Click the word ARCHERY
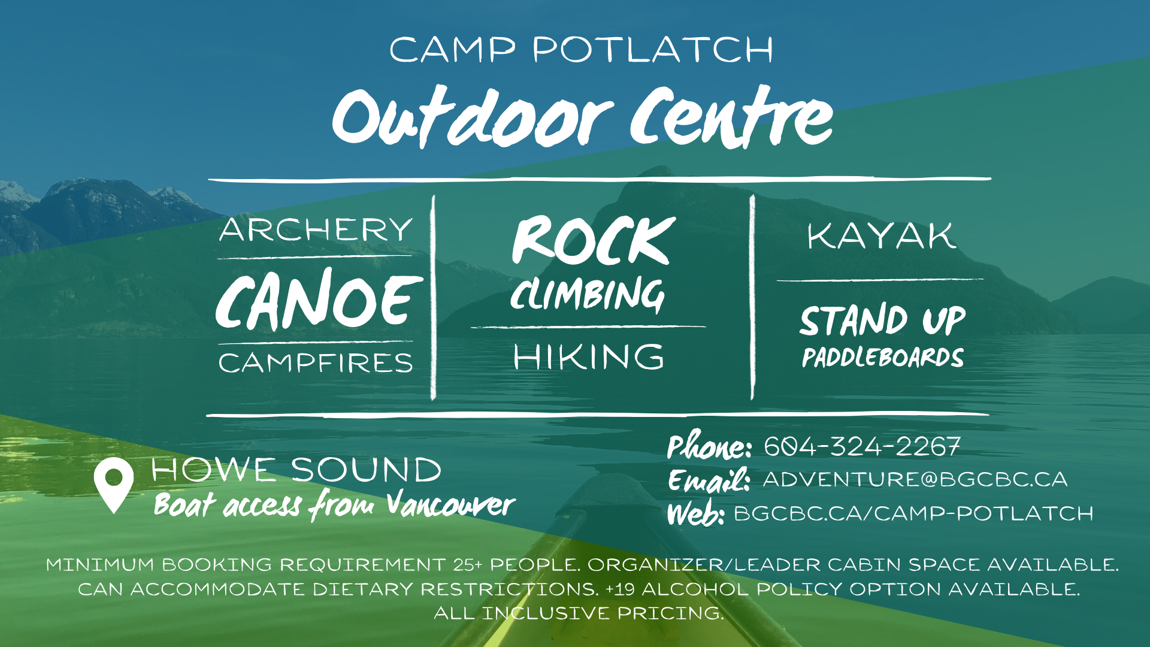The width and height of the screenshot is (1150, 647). (316, 230)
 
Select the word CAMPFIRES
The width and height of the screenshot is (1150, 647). (316, 363)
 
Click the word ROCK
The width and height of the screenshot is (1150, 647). (593, 241)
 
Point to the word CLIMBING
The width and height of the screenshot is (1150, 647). (588, 295)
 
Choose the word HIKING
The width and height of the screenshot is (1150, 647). (589, 357)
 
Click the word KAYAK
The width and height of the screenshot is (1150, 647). (881, 236)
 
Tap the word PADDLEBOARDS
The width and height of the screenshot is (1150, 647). (883, 358)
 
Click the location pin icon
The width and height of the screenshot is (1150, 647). (113, 484)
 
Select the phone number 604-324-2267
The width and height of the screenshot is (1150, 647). (862, 447)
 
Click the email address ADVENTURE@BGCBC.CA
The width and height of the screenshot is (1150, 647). (915, 480)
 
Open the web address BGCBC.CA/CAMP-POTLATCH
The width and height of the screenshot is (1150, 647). (913, 513)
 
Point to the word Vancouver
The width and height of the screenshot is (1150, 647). (450, 504)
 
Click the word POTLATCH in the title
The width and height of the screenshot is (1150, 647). (653, 50)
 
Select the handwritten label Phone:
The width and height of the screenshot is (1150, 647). (709, 446)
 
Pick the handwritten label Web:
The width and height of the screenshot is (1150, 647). (695, 514)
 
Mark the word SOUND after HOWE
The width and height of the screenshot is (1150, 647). (366, 470)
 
